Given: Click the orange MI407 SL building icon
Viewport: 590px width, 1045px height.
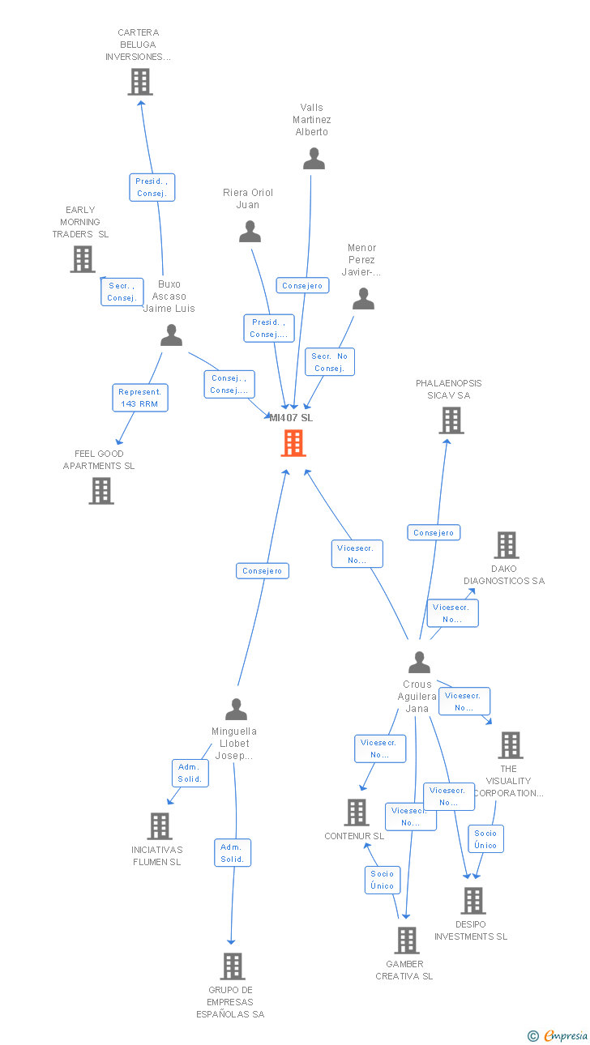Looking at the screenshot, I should [293, 443].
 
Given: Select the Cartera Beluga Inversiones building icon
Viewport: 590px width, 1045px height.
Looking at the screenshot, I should [140, 82].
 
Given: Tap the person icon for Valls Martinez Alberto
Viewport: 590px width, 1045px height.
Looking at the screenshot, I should [314, 159].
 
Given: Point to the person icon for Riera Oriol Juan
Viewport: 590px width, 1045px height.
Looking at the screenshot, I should [250, 232].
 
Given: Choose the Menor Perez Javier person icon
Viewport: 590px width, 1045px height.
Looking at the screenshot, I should [363, 299].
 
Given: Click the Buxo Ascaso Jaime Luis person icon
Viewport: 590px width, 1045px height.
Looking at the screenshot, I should [171, 335].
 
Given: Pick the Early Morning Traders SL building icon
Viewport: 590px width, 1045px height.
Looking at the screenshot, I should [83, 259].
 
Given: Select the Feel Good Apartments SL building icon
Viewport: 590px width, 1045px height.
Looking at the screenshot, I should [101, 491].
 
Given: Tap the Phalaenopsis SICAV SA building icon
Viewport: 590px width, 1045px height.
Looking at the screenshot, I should [451, 420].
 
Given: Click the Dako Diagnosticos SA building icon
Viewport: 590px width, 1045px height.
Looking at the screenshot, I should [507, 545].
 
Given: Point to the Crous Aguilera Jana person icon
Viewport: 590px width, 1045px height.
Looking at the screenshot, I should [419, 663].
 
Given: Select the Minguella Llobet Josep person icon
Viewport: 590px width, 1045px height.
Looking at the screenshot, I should [236, 709].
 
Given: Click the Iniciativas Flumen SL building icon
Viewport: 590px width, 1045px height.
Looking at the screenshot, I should [160, 826].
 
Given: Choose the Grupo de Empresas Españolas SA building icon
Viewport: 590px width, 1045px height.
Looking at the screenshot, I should [233, 966].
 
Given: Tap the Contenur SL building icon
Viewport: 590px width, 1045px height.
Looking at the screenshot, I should [357, 813].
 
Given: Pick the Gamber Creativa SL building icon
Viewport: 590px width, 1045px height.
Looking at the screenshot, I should [406, 940].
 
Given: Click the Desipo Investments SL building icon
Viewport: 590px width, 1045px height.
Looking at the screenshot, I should [472, 901].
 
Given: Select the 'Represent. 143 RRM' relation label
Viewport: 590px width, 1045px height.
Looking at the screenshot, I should [140, 398].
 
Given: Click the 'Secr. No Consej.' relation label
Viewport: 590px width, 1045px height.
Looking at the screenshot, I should [330, 362].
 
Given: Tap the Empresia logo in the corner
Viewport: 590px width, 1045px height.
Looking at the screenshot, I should [558, 1035].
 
